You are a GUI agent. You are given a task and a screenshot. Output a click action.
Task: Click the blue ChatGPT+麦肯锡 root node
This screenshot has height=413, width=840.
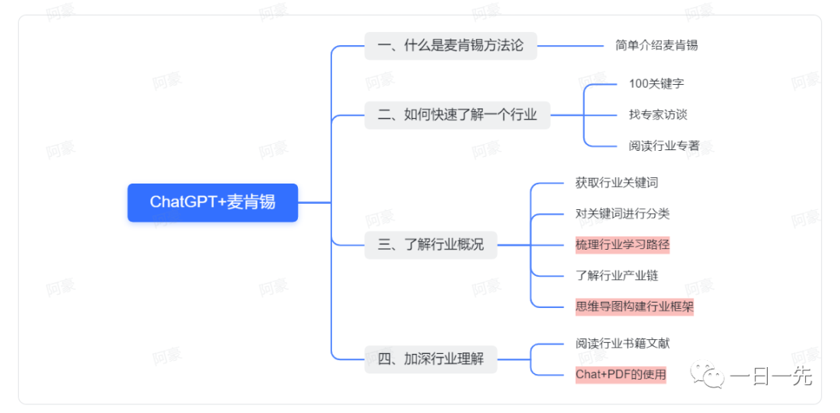[212, 202]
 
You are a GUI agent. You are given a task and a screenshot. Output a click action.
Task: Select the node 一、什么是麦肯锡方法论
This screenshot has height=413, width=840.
[450, 45]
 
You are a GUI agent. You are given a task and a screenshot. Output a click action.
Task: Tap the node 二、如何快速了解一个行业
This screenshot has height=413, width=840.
[457, 115]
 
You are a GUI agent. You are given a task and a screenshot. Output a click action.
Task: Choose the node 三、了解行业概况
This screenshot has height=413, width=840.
[431, 244]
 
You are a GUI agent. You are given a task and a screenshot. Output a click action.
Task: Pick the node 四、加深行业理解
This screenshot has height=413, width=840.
[431, 359]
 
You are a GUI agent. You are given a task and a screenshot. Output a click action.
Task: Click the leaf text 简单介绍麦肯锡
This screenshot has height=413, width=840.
[656, 45]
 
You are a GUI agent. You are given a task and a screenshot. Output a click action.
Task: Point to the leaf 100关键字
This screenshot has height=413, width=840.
[656, 83]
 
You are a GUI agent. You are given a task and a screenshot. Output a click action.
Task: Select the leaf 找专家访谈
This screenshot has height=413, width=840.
[658, 114]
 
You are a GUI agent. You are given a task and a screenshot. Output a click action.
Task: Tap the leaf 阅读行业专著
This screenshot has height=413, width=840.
[663, 145]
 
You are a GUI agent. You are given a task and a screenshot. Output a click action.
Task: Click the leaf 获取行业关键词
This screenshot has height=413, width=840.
[617, 183]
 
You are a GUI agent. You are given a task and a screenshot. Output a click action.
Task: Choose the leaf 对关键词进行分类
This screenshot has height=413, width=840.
[622, 213]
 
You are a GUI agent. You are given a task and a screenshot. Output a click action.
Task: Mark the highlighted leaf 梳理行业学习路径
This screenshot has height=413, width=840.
[622, 244]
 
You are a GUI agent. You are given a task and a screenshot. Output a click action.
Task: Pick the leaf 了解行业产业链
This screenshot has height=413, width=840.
[617, 275]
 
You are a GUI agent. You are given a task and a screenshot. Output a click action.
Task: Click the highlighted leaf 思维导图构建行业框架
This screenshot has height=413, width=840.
[634, 306]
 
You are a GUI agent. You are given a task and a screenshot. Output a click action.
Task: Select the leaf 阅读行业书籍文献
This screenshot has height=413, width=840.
[622, 343]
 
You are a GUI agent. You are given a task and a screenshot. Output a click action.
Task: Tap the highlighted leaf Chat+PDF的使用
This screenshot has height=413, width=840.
[621, 374]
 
